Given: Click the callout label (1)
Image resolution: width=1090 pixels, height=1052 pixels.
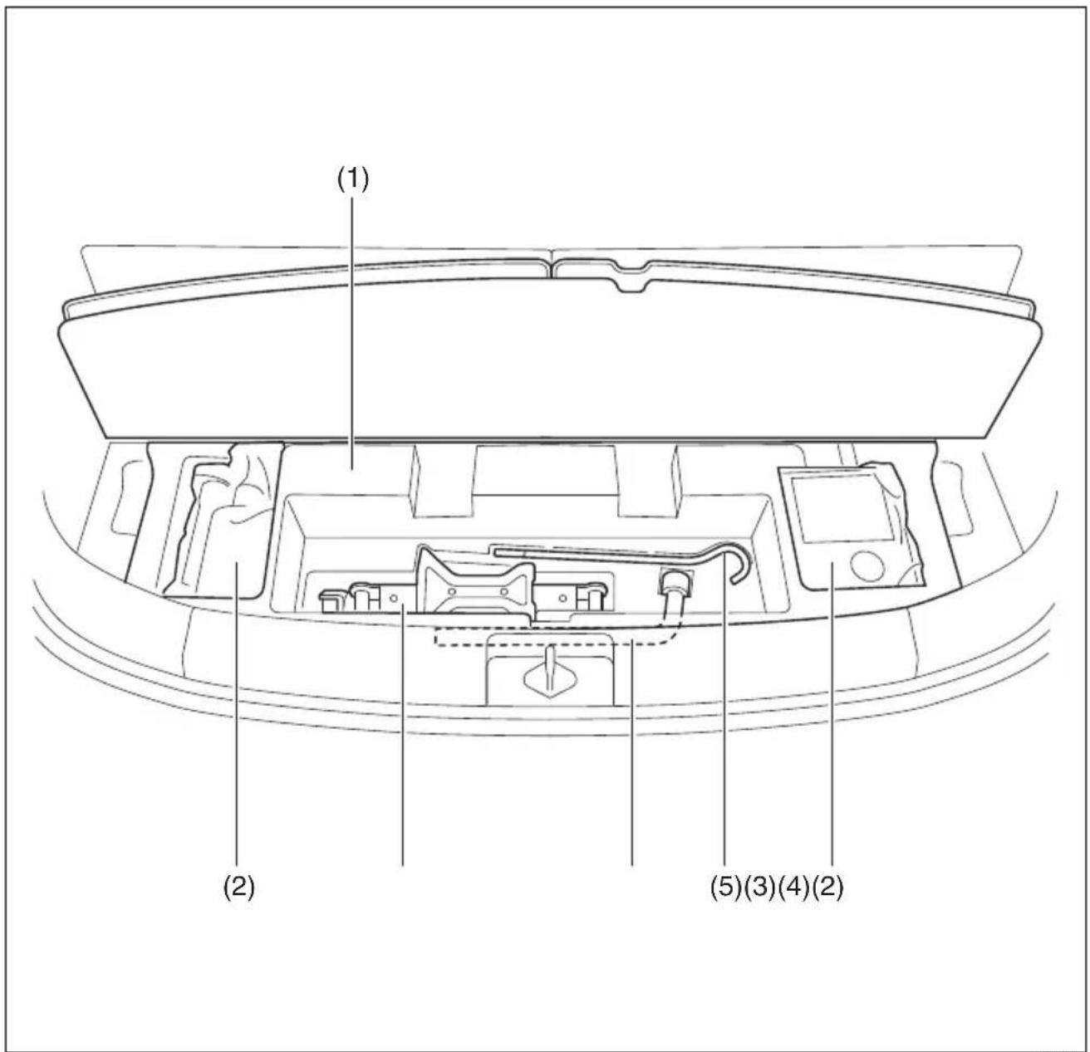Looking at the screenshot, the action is click(x=352, y=180).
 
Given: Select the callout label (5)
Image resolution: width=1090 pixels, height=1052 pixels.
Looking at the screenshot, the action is click(x=726, y=888).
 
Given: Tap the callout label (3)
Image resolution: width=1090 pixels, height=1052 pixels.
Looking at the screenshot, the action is click(x=760, y=888).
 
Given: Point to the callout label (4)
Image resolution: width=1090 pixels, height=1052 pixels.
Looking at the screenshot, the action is click(x=793, y=888).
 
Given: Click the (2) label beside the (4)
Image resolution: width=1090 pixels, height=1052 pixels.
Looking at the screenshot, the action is click(x=827, y=888).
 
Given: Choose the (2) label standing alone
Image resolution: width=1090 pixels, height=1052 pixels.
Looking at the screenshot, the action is click(x=239, y=888).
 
